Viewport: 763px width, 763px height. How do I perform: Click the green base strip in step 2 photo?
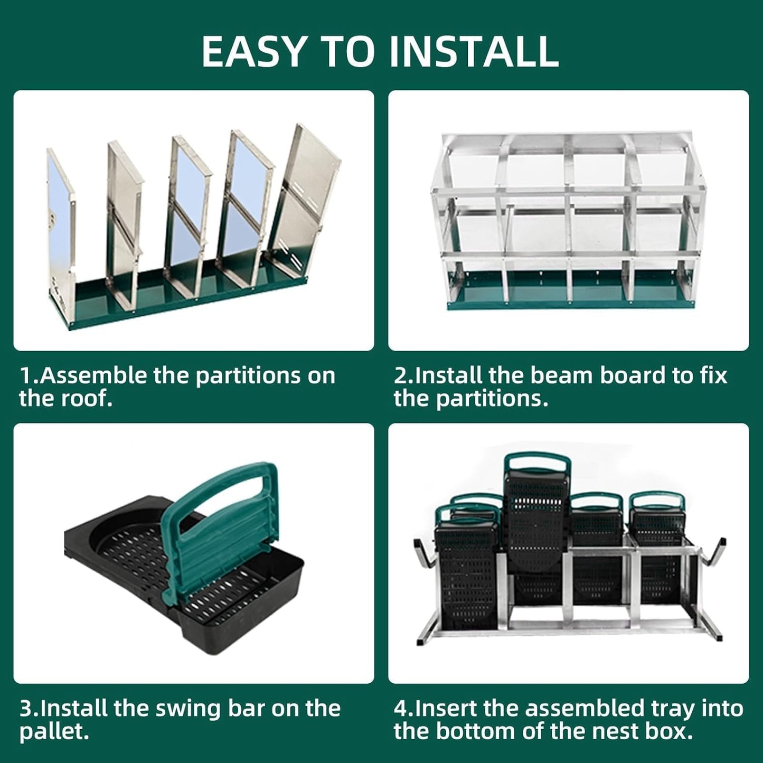570,298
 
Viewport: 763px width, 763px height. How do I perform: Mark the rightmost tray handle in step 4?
658,502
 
